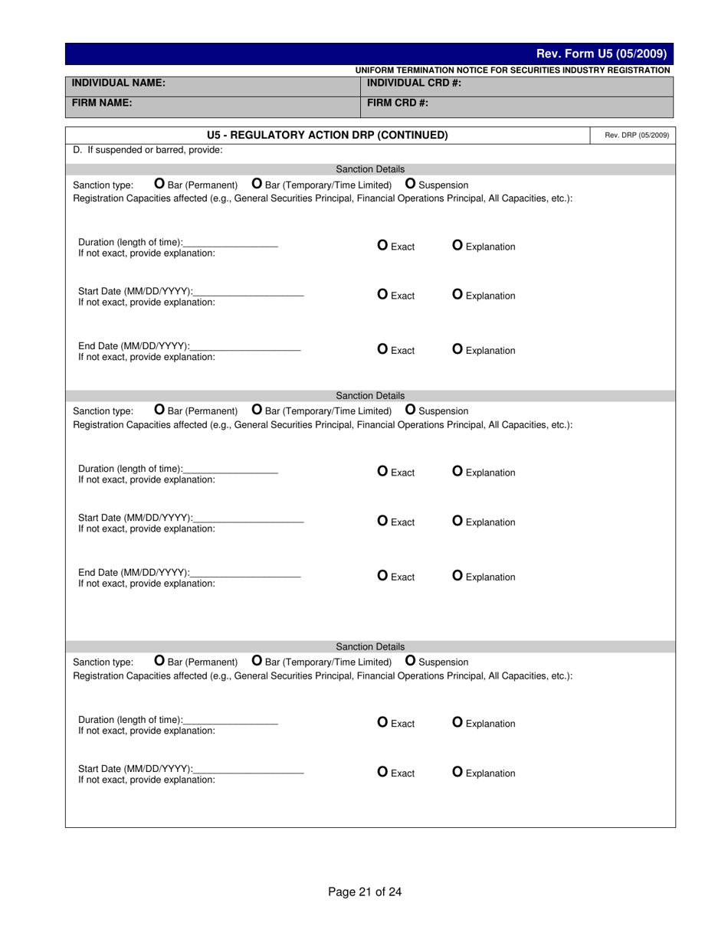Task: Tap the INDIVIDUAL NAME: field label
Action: click(118, 83)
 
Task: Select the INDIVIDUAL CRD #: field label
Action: click(414, 83)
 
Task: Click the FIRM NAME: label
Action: click(102, 102)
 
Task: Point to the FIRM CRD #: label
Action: click(397, 103)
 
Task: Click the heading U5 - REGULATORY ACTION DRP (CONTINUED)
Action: click(327, 135)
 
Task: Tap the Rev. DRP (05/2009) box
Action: click(636, 136)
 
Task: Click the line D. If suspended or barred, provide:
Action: click(147, 150)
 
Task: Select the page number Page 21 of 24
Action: click(365, 891)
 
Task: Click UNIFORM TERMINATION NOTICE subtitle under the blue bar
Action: click(512, 70)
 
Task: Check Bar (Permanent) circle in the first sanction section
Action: click(159, 184)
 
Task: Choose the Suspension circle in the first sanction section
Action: click(410, 184)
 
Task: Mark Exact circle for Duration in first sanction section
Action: click(382, 245)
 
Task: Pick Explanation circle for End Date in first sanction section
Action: click(457, 349)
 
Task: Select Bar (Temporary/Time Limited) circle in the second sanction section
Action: click(257, 410)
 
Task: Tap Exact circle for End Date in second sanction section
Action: click(382, 576)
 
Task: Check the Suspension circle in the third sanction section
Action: click(410, 660)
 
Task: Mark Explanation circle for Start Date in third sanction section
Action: click(457, 772)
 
